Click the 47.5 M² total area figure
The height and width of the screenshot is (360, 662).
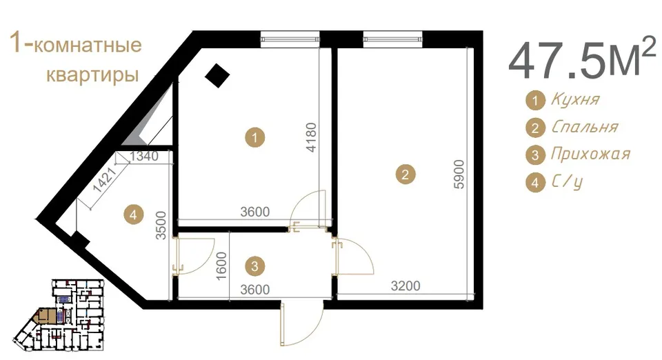pyautogui.click(x=582, y=59)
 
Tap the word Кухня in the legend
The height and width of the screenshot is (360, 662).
pyautogui.click(x=575, y=100)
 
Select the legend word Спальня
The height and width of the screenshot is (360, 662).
pyautogui.click(x=585, y=127)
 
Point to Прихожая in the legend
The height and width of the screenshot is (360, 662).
pyautogui.click(x=590, y=154)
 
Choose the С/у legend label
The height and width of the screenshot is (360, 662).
pyautogui.click(x=567, y=182)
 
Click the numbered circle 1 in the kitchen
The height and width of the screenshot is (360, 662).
pyautogui.click(x=254, y=137)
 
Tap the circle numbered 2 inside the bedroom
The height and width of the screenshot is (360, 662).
pyautogui.click(x=405, y=174)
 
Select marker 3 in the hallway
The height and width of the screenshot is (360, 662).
pyautogui.click(x=254, y=266)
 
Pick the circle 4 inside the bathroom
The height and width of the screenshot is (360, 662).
pyautogui.click(x=133, y=214)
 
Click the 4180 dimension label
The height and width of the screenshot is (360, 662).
pyautogui.click(x=311, y=137)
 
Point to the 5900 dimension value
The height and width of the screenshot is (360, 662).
pyautogui.click(x=459, y=174)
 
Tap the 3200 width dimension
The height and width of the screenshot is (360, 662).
pyautogui.click(x=405, y=286)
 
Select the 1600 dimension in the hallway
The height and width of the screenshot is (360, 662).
pyautogui.click(x=221, y=266)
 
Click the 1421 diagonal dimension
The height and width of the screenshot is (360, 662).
pyautogui.click(x=104, y=179)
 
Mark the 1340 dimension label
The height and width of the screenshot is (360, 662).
pyautogui.click(x=144, y=156)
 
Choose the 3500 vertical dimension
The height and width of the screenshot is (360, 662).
pyautogui.click(x=161, y=226)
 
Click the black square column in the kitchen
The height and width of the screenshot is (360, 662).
pyautogui.click(x=217, y=76)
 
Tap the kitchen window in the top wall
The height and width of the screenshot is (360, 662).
pyautogui.click(x=290, y=39)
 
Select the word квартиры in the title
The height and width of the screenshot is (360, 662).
pyautogui.click(x=92, y=74)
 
